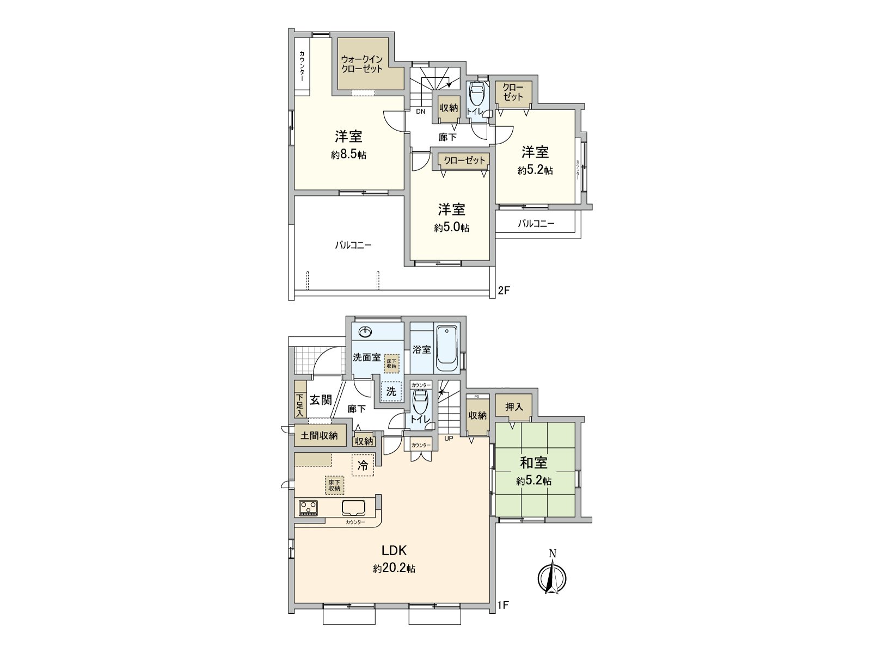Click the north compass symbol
pos(552,576)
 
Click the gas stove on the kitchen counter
pos(309,508)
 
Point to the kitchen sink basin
pos(354,508)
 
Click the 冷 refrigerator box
pos(363,465)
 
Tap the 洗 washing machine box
pos(391,391)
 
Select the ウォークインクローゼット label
pos(362,64)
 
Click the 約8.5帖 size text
pos(348,155)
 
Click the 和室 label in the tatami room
pos(533,464)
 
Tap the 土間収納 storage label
pos(319,435)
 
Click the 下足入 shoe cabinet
pos(299,405)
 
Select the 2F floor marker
pos(504,291)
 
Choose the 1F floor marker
pos(504,604)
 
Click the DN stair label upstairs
pos(420,112)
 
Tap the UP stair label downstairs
pos(449,438)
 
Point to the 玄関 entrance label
pos(321,400)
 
